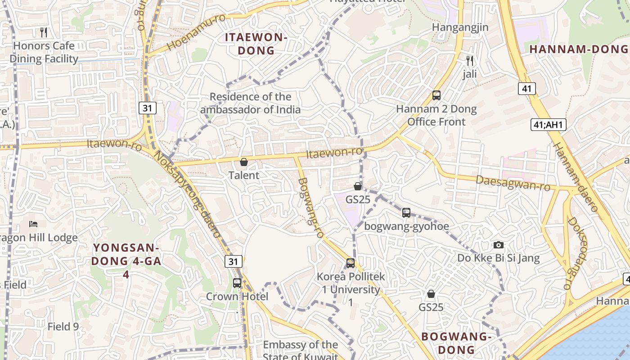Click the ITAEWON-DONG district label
[256, 44]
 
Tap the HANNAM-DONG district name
[579, 49]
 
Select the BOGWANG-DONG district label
[456, 343]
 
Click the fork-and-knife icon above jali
[470, 60]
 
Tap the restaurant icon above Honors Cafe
[44, 32]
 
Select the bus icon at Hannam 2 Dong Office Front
[436, 95]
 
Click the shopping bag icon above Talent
[244, 162]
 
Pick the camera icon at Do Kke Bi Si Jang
[498, 245]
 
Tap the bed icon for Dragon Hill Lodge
[33, 224]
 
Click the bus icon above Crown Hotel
[237, 283]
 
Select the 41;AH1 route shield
[548, 125]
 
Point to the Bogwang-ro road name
[311, 207]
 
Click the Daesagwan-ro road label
[513, 183]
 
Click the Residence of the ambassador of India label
[251, 103]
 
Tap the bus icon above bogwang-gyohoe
[406, 212]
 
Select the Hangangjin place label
[460, 27]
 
